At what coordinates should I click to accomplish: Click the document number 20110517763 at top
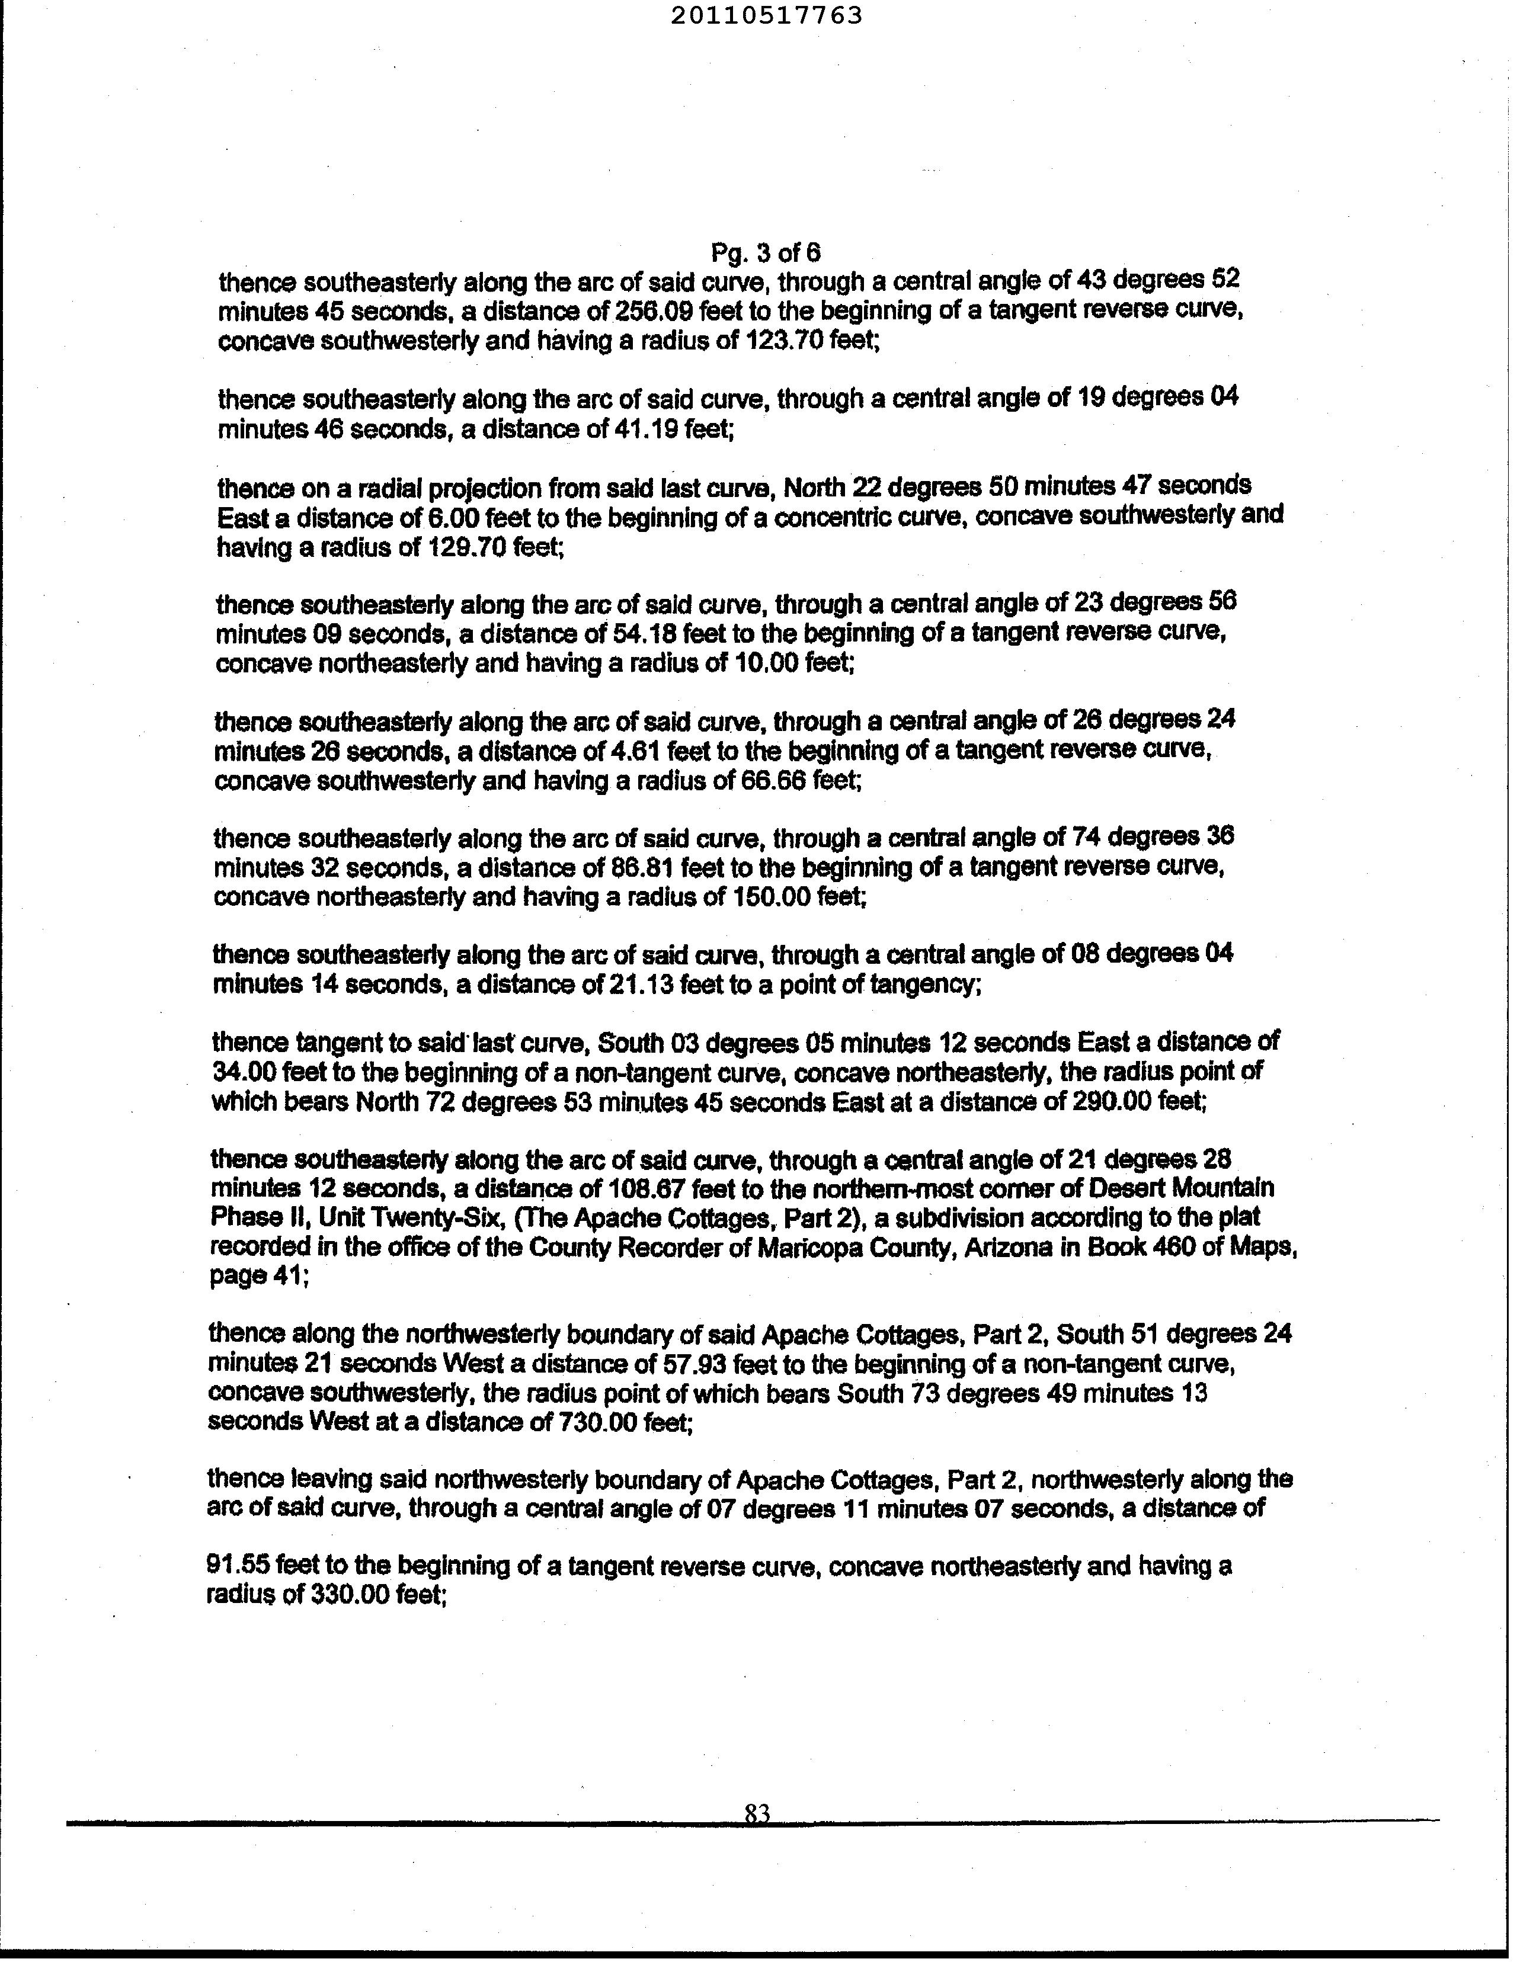(766, 15)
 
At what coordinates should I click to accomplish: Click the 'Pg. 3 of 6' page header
(766, 252)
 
